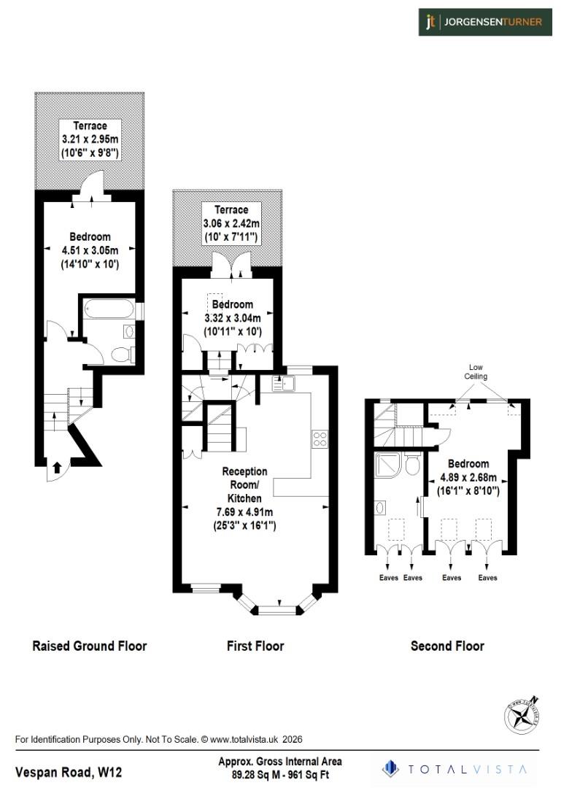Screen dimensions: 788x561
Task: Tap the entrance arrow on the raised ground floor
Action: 58,467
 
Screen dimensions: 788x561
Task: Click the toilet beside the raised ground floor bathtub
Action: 120,355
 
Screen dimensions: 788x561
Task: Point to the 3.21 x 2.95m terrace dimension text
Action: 90,139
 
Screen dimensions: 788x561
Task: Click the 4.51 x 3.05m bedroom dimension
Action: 90,250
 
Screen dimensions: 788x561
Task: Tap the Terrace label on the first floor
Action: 231,209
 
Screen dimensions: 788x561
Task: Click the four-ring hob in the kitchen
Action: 320,439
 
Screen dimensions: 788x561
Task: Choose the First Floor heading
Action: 255,646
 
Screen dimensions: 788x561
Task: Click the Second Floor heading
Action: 447,646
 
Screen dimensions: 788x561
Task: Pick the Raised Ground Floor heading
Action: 90,646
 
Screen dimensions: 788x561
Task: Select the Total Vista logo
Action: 458,768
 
